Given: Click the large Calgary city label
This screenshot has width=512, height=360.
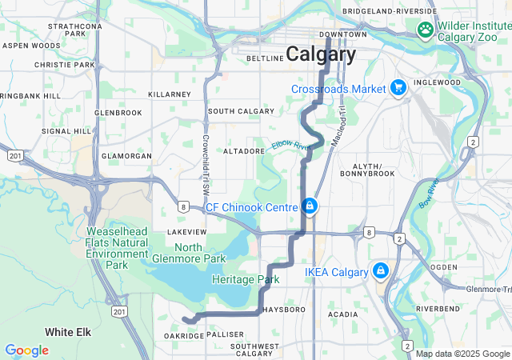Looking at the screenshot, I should coord(321,54).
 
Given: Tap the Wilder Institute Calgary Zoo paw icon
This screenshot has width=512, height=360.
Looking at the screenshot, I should coord(426,30).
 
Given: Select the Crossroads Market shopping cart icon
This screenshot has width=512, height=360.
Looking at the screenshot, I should coord(398,88).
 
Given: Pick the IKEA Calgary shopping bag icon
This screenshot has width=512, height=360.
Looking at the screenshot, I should coord(380,271).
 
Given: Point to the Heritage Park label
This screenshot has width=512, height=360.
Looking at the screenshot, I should coord(246,280).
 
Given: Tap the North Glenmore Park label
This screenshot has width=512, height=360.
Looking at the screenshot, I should coord(188,253).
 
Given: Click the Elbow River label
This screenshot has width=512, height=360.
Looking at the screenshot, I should coord(290,146).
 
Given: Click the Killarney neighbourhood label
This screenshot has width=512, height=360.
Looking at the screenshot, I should coord(170,94).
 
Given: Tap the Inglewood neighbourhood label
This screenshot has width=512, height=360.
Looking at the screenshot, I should coord(438,82).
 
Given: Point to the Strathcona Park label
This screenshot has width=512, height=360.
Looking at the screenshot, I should coord(75,30).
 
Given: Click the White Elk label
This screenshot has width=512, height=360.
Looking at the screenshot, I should coord(70,331).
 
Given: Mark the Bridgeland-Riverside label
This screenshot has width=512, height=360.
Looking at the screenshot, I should coord(389,11).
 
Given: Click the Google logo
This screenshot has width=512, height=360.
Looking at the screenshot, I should coord(26,350).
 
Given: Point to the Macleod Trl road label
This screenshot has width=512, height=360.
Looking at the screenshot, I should coord(339,119).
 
